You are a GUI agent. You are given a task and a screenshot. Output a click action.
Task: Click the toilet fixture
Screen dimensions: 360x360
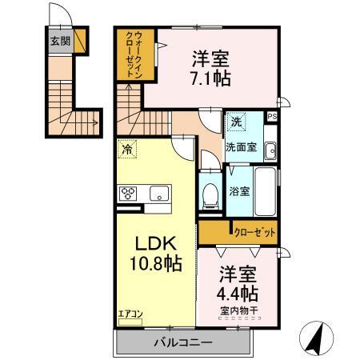click(210, 195)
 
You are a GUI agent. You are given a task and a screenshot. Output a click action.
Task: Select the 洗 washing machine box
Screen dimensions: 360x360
click(236, 122)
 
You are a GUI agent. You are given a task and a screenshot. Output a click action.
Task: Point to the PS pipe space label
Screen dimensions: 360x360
click(272, 118)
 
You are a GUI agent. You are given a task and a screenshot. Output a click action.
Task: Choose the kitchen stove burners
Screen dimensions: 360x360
click(129, 193)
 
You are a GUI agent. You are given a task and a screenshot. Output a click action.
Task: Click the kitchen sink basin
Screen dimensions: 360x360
click(158, 193)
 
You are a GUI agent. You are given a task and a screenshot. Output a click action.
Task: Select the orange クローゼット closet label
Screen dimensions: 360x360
click(254, 233)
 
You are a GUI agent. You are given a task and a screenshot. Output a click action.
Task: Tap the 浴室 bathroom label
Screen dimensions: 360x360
click(238, 190)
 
